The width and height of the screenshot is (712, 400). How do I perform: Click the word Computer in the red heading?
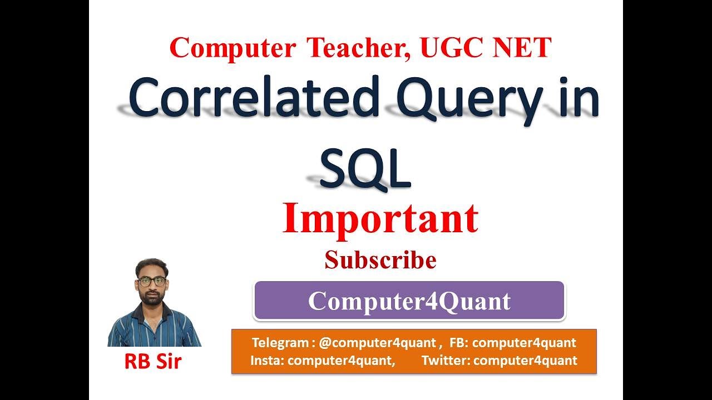(233, 48)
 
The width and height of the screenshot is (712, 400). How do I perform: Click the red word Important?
(380, 219)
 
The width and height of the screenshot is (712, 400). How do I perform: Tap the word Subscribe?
(380, 260)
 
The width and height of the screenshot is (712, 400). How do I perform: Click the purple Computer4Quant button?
(409, 301)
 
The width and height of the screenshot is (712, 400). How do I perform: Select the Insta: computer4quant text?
(322, 360)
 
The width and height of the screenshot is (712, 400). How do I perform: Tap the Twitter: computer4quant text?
(499, 360)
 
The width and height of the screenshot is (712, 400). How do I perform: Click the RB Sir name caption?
(152, 361)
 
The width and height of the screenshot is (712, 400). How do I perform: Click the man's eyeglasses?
(152, 281)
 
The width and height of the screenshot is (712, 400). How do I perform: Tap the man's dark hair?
(152, 266)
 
